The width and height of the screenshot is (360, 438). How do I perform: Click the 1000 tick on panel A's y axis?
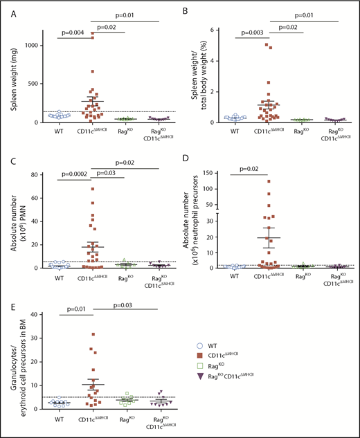[x=34, y=44]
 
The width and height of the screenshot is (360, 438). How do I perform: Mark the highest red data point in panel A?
[x=92, y=33]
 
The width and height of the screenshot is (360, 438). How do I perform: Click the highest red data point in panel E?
[x=93, y=334]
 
